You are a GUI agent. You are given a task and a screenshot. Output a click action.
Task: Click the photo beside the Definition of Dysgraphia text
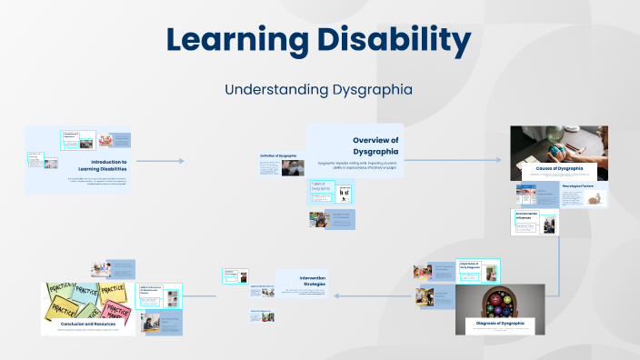pos(294,167)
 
